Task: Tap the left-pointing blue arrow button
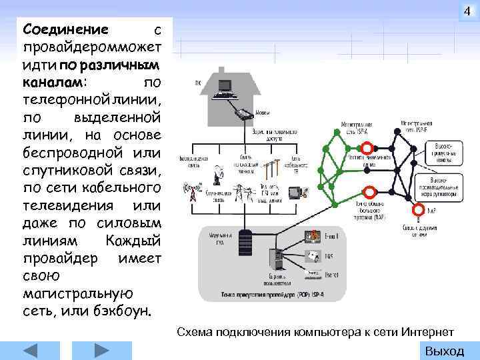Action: coord(31,351)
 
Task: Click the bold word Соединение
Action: coord(65,29)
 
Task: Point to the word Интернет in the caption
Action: coord(431,332)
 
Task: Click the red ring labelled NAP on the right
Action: coord(418,210)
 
